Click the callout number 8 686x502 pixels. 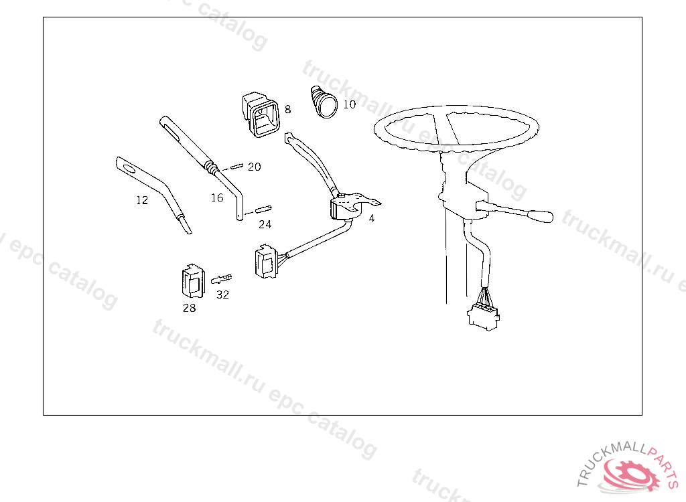287,109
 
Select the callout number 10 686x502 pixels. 350,104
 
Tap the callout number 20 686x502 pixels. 254,167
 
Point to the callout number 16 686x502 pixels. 217,197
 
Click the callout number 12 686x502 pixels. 142,200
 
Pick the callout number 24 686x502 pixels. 265,224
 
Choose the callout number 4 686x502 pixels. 371,218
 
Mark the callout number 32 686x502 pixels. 222,295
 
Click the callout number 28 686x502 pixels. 190,309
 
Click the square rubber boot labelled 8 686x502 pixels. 261,114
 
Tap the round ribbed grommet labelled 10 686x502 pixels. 324,102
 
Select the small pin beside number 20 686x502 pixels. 236,166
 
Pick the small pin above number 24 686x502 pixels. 263,209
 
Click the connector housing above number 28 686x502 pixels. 193,280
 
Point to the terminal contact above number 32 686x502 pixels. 221,278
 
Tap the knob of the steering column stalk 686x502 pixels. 541,216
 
